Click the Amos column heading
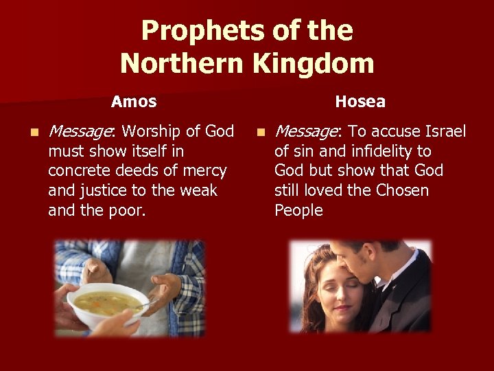pyautogui.click(x=134, y=102)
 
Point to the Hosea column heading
pyautogui.click(x=360, y=102)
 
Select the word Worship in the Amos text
pyautogui.click(x=149, y=131)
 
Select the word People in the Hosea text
pyautogui.click(x=298, y=210)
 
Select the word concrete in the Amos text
pyautogui.click(x=78, y=170)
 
